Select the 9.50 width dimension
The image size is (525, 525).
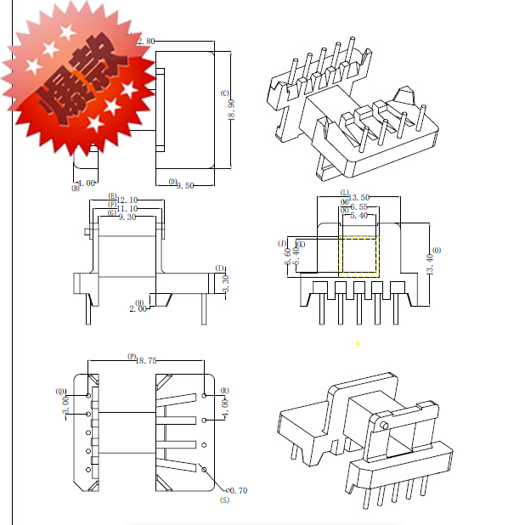point(186,183)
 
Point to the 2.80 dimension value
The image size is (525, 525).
point(145,41)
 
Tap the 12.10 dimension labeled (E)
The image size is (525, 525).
point(127,200)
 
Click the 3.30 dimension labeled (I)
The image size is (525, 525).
point(225,284)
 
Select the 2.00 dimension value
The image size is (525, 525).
point(138,309)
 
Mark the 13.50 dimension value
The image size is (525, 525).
point(359,197)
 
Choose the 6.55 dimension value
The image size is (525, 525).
point(358,206)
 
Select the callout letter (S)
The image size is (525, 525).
point(224,501)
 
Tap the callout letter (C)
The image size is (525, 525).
point(224,93)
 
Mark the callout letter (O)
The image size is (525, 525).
point(437,251)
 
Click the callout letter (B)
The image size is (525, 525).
point(75,188)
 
